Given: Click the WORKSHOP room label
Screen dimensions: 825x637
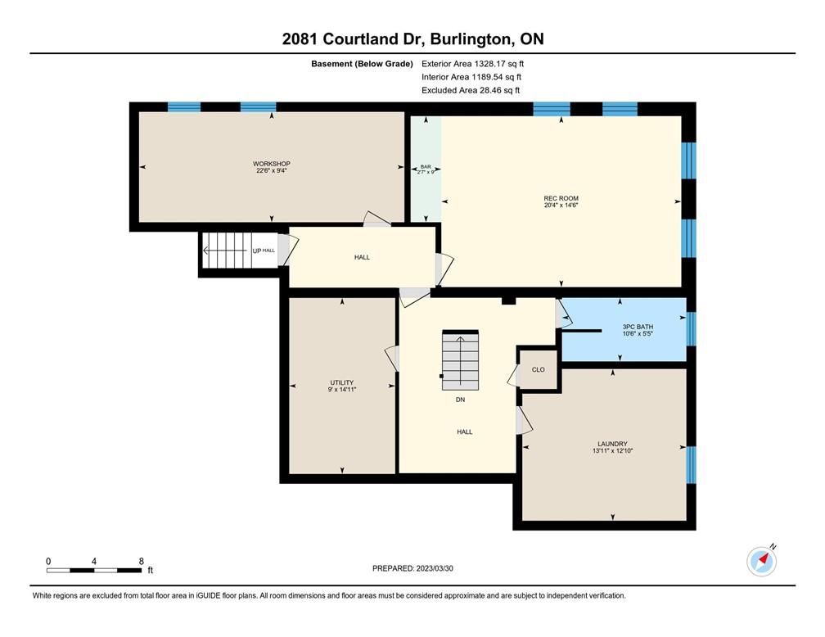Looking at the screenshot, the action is coord(272,164).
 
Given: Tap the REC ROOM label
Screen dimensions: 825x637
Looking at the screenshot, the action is coord(561,198).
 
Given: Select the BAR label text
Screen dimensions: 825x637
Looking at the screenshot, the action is coord(426,166).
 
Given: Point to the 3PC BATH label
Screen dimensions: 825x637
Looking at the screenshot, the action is coord(638,327).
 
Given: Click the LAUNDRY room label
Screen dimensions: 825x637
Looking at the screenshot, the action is coord(612,444).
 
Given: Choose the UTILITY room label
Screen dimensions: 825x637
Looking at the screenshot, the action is coord(342,382).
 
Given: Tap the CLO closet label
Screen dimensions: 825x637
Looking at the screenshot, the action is coord(539,369).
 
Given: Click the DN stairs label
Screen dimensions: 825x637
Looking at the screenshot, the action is coord(460,400).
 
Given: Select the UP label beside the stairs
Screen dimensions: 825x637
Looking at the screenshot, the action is coord(257,251).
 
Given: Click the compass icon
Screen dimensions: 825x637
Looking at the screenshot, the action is coord(762,561).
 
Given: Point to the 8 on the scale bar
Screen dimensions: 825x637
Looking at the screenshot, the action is coord(141,561).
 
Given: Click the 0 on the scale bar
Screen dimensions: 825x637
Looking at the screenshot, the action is coord(48,561).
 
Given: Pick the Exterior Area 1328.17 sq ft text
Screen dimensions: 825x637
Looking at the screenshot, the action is coord(472,64).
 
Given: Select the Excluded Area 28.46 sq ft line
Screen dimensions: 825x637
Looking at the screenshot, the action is coord(471,90).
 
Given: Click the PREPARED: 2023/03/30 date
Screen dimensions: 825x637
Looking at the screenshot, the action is coord(412,568).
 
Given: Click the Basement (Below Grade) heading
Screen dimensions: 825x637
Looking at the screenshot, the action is coord(362,64).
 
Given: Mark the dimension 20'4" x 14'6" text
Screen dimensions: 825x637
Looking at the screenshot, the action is coord(561,206).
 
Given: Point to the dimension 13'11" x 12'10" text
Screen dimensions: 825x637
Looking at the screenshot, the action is coord(612,450).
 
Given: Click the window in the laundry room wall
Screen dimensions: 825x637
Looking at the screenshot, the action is coord(692,465).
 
